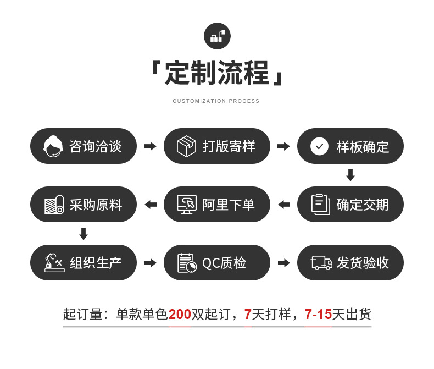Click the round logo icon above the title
(217, 36)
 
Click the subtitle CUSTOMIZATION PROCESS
(216, 101)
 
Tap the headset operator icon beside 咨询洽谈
(53, 146)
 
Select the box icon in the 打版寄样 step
(186, 146)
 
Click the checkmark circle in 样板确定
(319, 146)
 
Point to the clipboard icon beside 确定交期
(320, 205)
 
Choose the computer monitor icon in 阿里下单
(187, 205)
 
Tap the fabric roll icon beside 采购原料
(54, 205)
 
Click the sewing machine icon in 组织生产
(54, 263)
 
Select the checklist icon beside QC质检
(187, 263)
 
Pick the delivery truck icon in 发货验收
(321, 263)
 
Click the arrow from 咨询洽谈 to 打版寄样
(150, 146)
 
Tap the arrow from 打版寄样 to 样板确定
(283, 146)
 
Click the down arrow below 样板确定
(350, 175)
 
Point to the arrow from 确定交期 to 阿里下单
(283, 205)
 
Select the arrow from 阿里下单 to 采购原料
(150, 205)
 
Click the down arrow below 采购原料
(84, 234)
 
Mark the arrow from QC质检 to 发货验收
(283, 263)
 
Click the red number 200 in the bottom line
(180, 315)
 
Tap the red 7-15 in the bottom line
(318, 315)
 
